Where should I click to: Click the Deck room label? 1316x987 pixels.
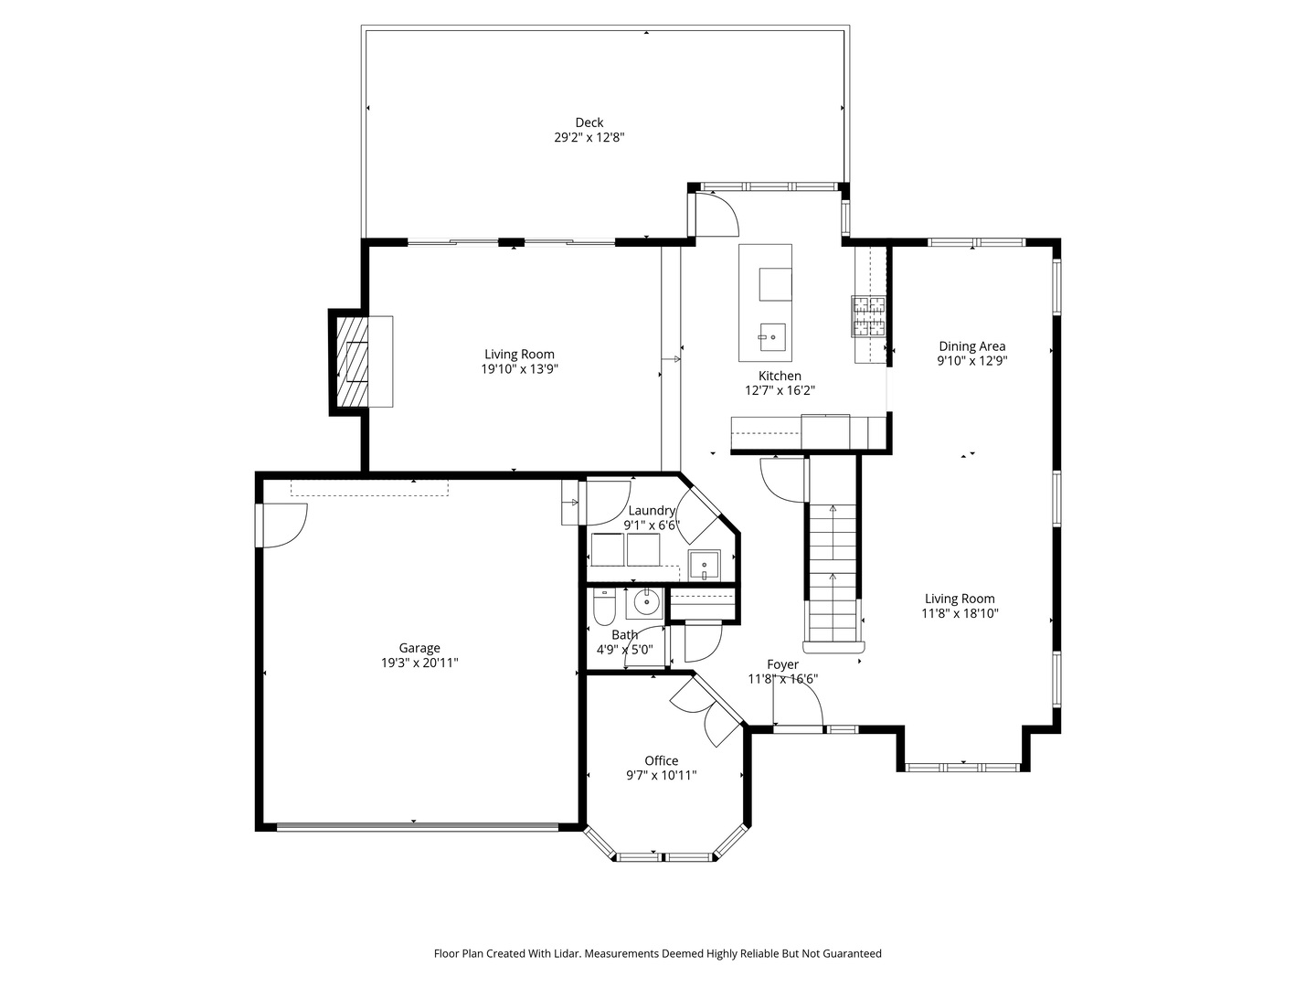point(589,122)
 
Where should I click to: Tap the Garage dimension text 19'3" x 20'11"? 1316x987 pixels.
point(419,663)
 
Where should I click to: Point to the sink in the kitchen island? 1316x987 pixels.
point(773,335)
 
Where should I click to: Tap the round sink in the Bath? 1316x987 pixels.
point(648,603)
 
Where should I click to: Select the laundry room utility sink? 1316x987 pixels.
point(705,566)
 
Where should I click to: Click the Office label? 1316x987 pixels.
point(661,760)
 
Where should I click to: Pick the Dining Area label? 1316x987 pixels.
point(971,346)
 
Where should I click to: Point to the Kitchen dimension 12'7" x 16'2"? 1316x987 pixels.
point(780,390)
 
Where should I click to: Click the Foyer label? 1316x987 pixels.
point(782,664)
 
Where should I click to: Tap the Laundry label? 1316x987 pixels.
point(651,511)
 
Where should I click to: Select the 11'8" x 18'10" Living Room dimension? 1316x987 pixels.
point(960,614)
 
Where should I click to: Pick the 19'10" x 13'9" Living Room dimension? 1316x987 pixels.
point(519,369)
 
